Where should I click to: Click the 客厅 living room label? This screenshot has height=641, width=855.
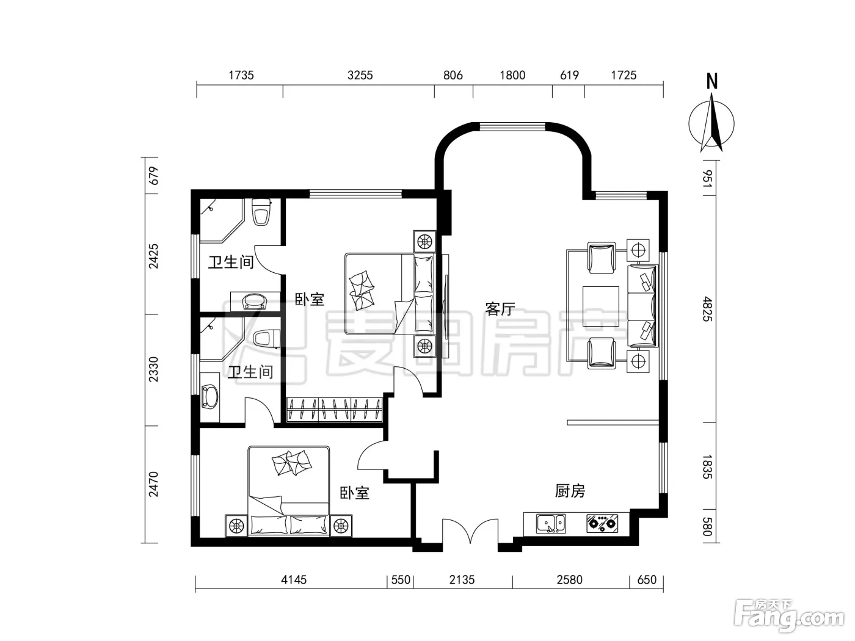pos(500,309)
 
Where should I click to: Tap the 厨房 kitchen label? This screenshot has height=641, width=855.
pos(570,491)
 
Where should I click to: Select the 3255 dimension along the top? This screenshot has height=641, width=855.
pos(360,75)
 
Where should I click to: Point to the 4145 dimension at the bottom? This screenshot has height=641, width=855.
pos(294,580)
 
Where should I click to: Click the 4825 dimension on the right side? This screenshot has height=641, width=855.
pos(707,309)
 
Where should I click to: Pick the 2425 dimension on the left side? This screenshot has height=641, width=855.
pos(154,256)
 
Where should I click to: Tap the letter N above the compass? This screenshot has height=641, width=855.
pos(712,81)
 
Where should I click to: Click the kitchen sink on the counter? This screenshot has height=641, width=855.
pos(551,523)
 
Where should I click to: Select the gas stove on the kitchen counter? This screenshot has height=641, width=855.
pos(602,523)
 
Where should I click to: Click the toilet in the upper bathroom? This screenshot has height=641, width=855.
pos(261,212)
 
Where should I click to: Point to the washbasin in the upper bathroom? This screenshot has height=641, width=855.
pos(255,301)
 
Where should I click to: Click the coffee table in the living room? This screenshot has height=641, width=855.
pos(601,306)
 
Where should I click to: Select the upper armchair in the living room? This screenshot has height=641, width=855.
pos(602,258)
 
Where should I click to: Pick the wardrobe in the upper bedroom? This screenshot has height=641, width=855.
pos(334,410)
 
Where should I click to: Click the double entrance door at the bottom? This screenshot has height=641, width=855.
pos(470,531)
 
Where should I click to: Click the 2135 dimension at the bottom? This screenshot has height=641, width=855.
pos(462,580)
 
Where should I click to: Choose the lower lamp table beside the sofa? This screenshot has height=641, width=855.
pos(638,361)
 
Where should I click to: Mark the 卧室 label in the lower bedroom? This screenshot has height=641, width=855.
pos(354,493)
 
